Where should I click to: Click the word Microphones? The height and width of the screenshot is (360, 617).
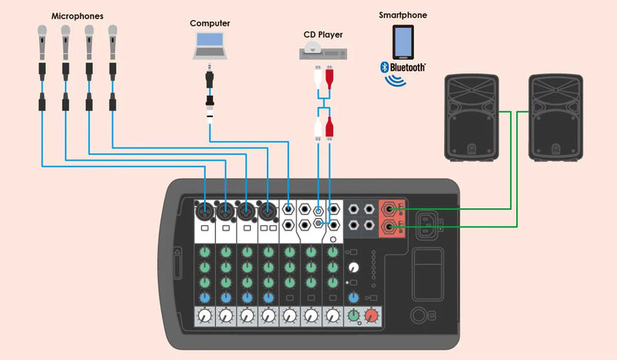(77, 15)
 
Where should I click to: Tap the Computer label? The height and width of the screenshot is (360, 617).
(210, 23)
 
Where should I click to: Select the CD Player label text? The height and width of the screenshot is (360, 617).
(323, 34)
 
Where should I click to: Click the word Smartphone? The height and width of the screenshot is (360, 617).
(403, 15)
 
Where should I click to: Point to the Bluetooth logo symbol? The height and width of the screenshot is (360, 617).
(383, 67)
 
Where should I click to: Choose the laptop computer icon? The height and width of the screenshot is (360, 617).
(210, 48)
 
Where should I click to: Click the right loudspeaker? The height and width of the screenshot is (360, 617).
(554, 117)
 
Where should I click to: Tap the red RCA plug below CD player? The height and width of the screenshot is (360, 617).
(330, 78)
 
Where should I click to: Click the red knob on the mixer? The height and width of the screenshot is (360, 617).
(372, 315)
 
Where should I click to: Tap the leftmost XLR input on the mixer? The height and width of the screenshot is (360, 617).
(204, 210)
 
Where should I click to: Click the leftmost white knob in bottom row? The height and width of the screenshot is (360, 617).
(205, 315)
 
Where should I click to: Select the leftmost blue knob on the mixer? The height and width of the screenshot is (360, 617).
(204, 297)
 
